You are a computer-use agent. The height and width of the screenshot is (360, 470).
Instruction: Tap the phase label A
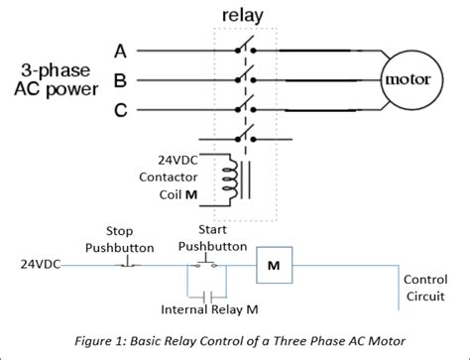pyautogui.click(x=120, y=49)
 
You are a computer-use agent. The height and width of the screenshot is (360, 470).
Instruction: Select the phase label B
pyautogui.click(x=120, y=79)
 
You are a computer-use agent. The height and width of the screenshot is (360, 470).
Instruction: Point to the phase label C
pyautogui.click(x=120, y=110)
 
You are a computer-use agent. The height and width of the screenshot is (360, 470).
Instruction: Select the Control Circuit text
pyautogui.click(x=424, y=288)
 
